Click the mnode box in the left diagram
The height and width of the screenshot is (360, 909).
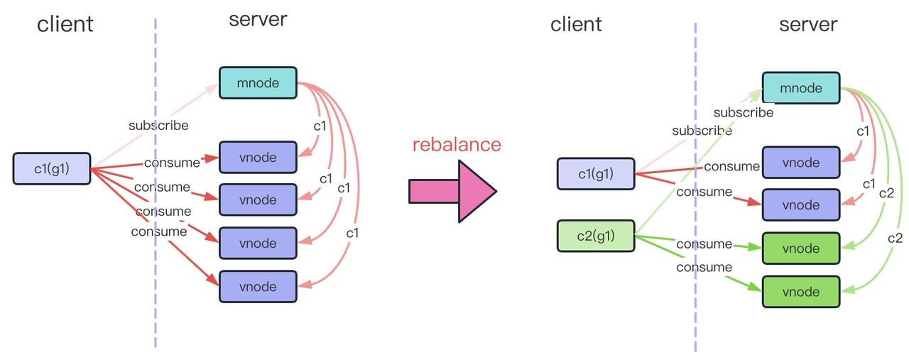[x=258, y=83]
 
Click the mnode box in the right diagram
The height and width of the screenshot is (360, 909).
[x=801, y=88]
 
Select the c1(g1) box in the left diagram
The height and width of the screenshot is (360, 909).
[x=52, y=168]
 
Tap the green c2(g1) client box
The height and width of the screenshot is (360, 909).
[x=596, y=236]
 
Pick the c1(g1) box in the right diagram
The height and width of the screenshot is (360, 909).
[x=596, y=174]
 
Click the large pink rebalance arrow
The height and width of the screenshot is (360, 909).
[x=452, y=191]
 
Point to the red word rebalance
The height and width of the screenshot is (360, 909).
[x=457, y=144]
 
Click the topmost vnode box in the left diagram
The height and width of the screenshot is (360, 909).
[x=258, y=157]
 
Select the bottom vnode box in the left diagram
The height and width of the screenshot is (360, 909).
[x=258, y=287]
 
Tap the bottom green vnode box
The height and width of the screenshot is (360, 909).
[x=801, y=292]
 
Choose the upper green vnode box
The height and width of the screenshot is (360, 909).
[x=801, y=249]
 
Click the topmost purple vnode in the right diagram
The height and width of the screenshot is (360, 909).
[x=801, y=163]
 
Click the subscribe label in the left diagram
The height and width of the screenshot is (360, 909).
[x=158, y=126]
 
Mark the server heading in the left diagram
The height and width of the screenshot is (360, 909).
[x=258, y=19]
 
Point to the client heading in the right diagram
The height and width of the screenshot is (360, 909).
[x=576, y=24]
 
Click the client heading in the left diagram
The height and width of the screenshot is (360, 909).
[x=65, y=24]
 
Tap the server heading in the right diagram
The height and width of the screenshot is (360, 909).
[x=808, y=25]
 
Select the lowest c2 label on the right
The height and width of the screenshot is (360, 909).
[x=895, y=239]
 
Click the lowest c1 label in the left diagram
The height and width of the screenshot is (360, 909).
[x=352, y=233]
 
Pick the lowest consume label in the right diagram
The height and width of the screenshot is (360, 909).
[x=704, y=267]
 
